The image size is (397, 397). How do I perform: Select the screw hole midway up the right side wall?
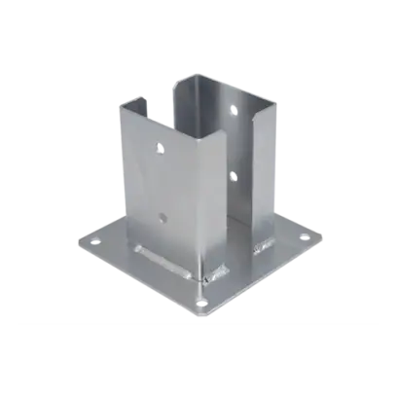click(x=232, y=176)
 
